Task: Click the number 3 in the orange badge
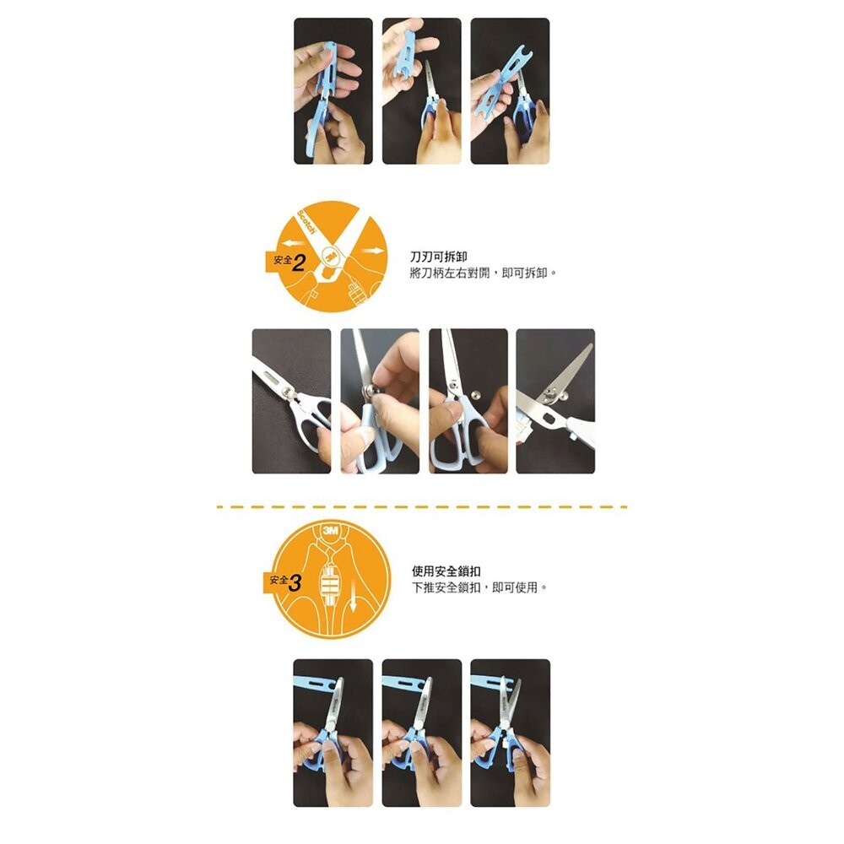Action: coord(295,582)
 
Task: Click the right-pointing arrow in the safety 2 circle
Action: coord(369,252)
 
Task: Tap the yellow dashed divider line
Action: coord(422,507)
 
